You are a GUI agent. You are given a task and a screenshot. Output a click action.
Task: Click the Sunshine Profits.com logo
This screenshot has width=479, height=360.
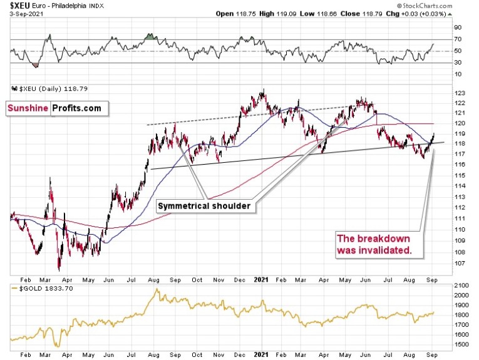54,108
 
